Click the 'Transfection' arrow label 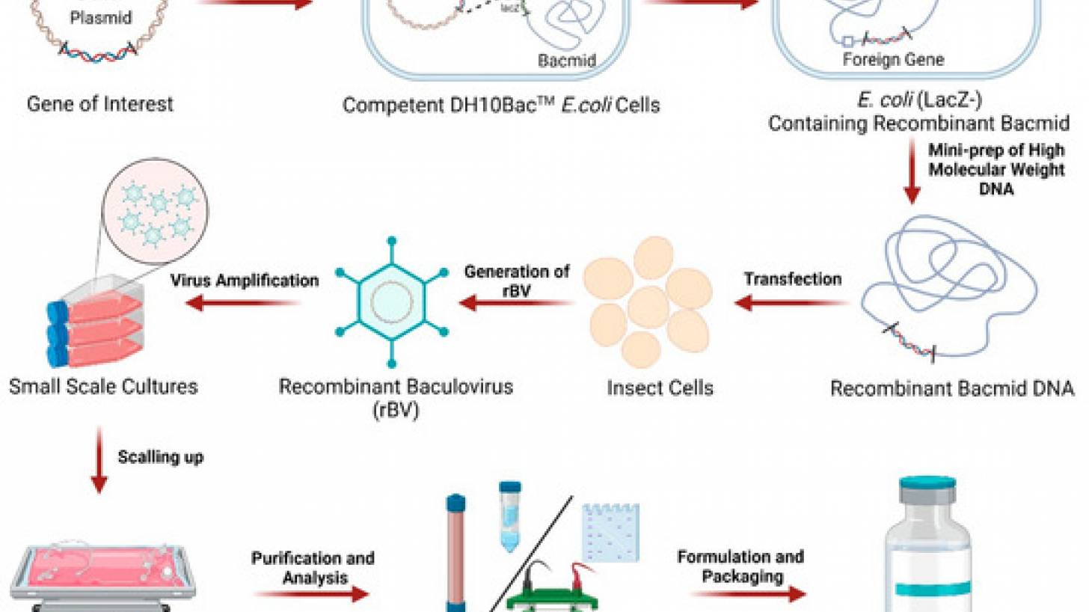click(792, 279)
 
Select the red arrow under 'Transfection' click(792, 303)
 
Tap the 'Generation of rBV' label click(516, 281)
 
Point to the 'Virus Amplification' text click(244, 281)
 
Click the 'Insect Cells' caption click(660, 388)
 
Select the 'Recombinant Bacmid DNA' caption click(952, 388)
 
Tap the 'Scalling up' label click(160, 457)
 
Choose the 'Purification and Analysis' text click(313, 568)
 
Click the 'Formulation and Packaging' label click(740, 566)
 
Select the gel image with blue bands click(610, 531)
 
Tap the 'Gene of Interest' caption click(99, 103)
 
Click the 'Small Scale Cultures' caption click(103, 386)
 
